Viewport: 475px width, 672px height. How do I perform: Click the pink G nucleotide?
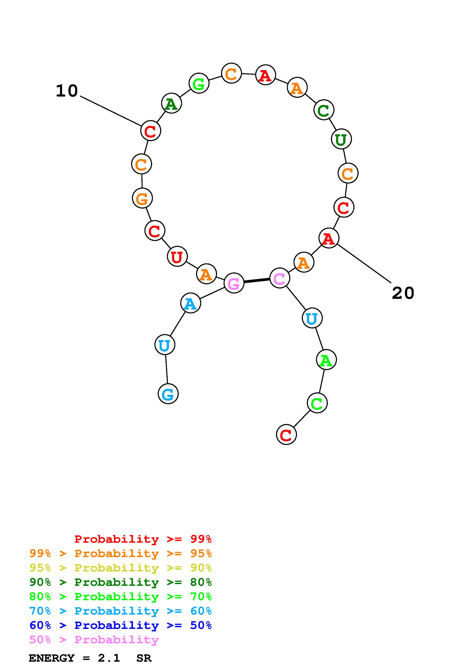(x=234, y=283)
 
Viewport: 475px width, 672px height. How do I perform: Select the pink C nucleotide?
(x=280, y=278)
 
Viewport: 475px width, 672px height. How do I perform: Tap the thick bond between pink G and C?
(x=257, y=281)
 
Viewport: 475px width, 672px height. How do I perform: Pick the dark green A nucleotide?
(x=171, y=103)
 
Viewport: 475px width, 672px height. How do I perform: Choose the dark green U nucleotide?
(x=341, y=139)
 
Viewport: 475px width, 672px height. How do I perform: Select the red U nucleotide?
(x=177, y=257)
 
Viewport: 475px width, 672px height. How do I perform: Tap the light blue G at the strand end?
(x=168, y=394)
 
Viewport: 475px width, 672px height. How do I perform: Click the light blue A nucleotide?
(x=190, y=303)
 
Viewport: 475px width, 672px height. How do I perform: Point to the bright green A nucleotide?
(x=326, y=360)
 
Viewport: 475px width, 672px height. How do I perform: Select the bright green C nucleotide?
(x=317, y=403)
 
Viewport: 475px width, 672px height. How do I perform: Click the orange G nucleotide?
(x=142, y=198)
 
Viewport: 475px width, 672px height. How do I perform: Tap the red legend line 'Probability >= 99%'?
(x=143, y=539)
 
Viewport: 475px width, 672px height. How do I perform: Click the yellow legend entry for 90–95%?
(x=120, y=568)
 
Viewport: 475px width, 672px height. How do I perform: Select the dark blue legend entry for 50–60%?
(x=120, y=625)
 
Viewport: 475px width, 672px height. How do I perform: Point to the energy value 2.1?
(x=109, y=658)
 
